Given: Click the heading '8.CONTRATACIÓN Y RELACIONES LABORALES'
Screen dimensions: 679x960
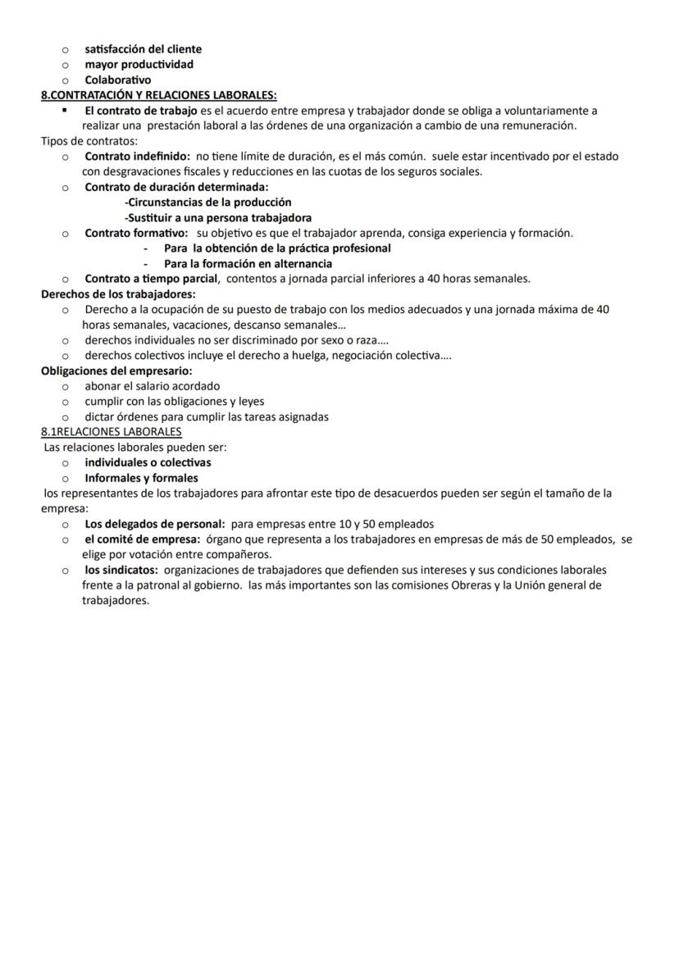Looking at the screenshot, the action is tap(158, 95).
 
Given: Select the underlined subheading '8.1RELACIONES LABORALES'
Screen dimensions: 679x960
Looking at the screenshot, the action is tap(112, 431).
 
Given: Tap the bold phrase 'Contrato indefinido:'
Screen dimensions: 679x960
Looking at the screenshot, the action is tap(137, 156).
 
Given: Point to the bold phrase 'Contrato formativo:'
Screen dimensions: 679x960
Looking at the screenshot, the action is tap(136, 233).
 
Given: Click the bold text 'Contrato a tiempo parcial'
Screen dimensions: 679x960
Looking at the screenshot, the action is tap(151, 279).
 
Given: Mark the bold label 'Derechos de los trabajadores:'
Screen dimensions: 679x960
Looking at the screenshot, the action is tap(118, 293).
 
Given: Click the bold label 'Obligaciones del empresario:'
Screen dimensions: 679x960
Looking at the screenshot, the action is tap(116, 371).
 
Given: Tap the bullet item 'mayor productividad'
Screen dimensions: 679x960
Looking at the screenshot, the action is tap(139, 64).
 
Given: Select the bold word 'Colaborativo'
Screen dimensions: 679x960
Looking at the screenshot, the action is tap(117, 80).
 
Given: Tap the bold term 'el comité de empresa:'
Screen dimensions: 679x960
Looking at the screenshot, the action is tap(142, 539).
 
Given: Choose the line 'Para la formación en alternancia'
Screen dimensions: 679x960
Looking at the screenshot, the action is tap(248, 264).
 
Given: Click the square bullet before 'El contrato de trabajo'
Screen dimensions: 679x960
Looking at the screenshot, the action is tap(65, 109).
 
